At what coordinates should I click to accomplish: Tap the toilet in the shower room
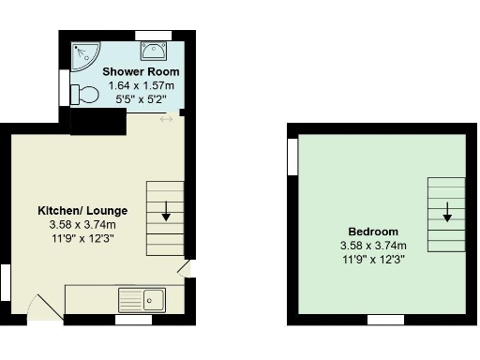tap(85, 95)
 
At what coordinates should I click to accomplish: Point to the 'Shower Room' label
tap(142, 72)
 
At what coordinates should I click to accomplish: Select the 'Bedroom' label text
tap(373, 232)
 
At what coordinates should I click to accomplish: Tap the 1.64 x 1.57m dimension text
tap(142, 85)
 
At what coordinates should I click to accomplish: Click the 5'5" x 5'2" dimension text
tap(142, 98)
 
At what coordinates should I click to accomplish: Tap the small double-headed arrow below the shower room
tap(166, 118)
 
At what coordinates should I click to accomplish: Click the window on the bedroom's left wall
tap(292, 155)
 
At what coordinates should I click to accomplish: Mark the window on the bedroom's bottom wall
tap(382, 320)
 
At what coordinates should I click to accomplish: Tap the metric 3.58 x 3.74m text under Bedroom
tap(373, 246)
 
